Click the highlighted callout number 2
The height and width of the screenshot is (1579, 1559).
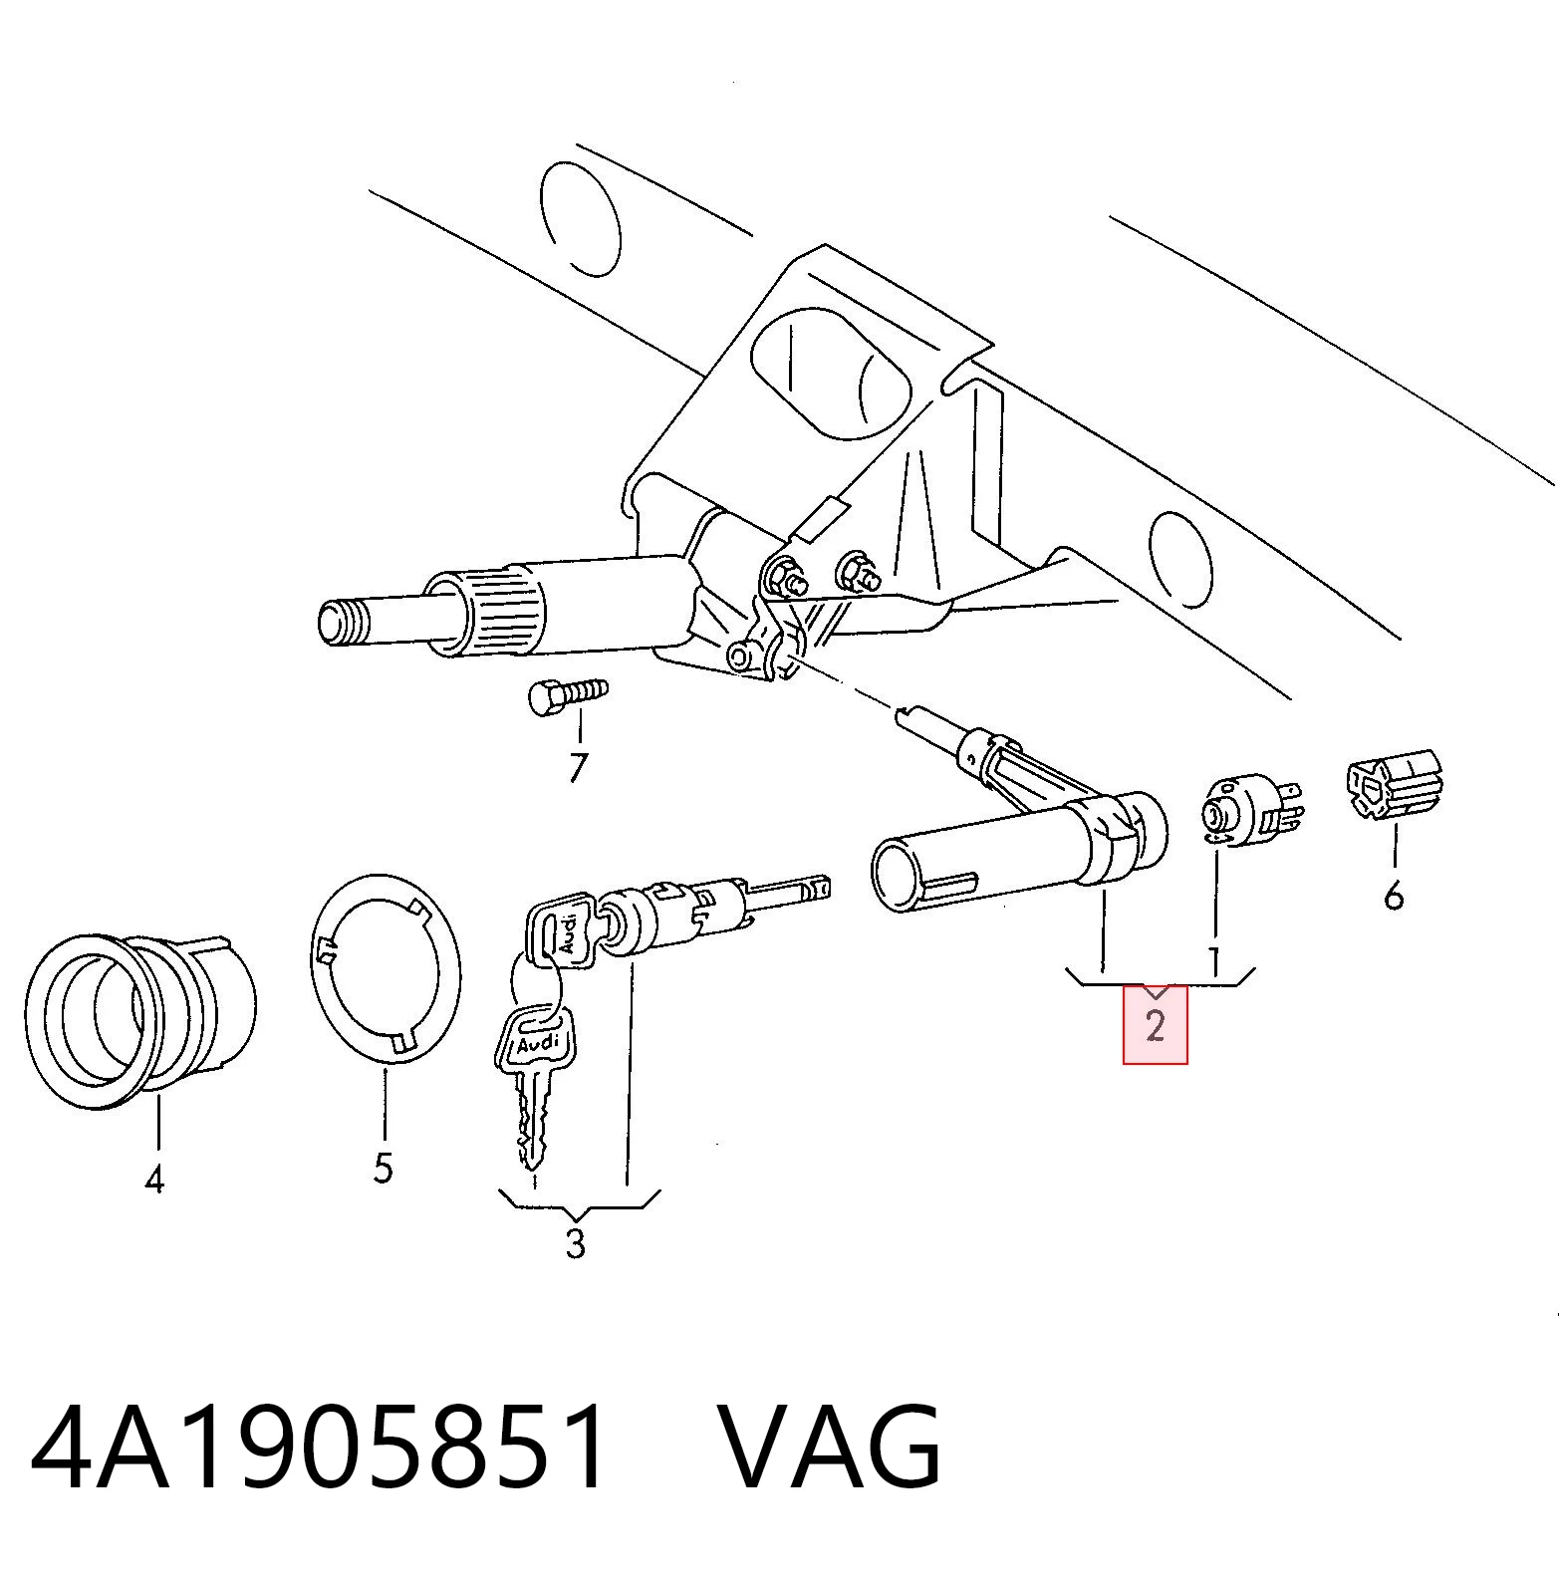point(1155,1025)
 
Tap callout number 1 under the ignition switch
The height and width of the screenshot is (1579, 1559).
point(1214,961)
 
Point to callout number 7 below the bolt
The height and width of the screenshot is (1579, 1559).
point(578,767)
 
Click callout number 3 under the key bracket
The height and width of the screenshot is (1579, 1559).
point(575,1243)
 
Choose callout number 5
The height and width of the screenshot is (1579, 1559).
point(384,1167)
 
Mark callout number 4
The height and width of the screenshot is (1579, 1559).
point(153,1181)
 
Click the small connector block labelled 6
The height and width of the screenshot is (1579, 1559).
point(1395,790)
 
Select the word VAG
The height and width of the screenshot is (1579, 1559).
point(829,1446)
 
